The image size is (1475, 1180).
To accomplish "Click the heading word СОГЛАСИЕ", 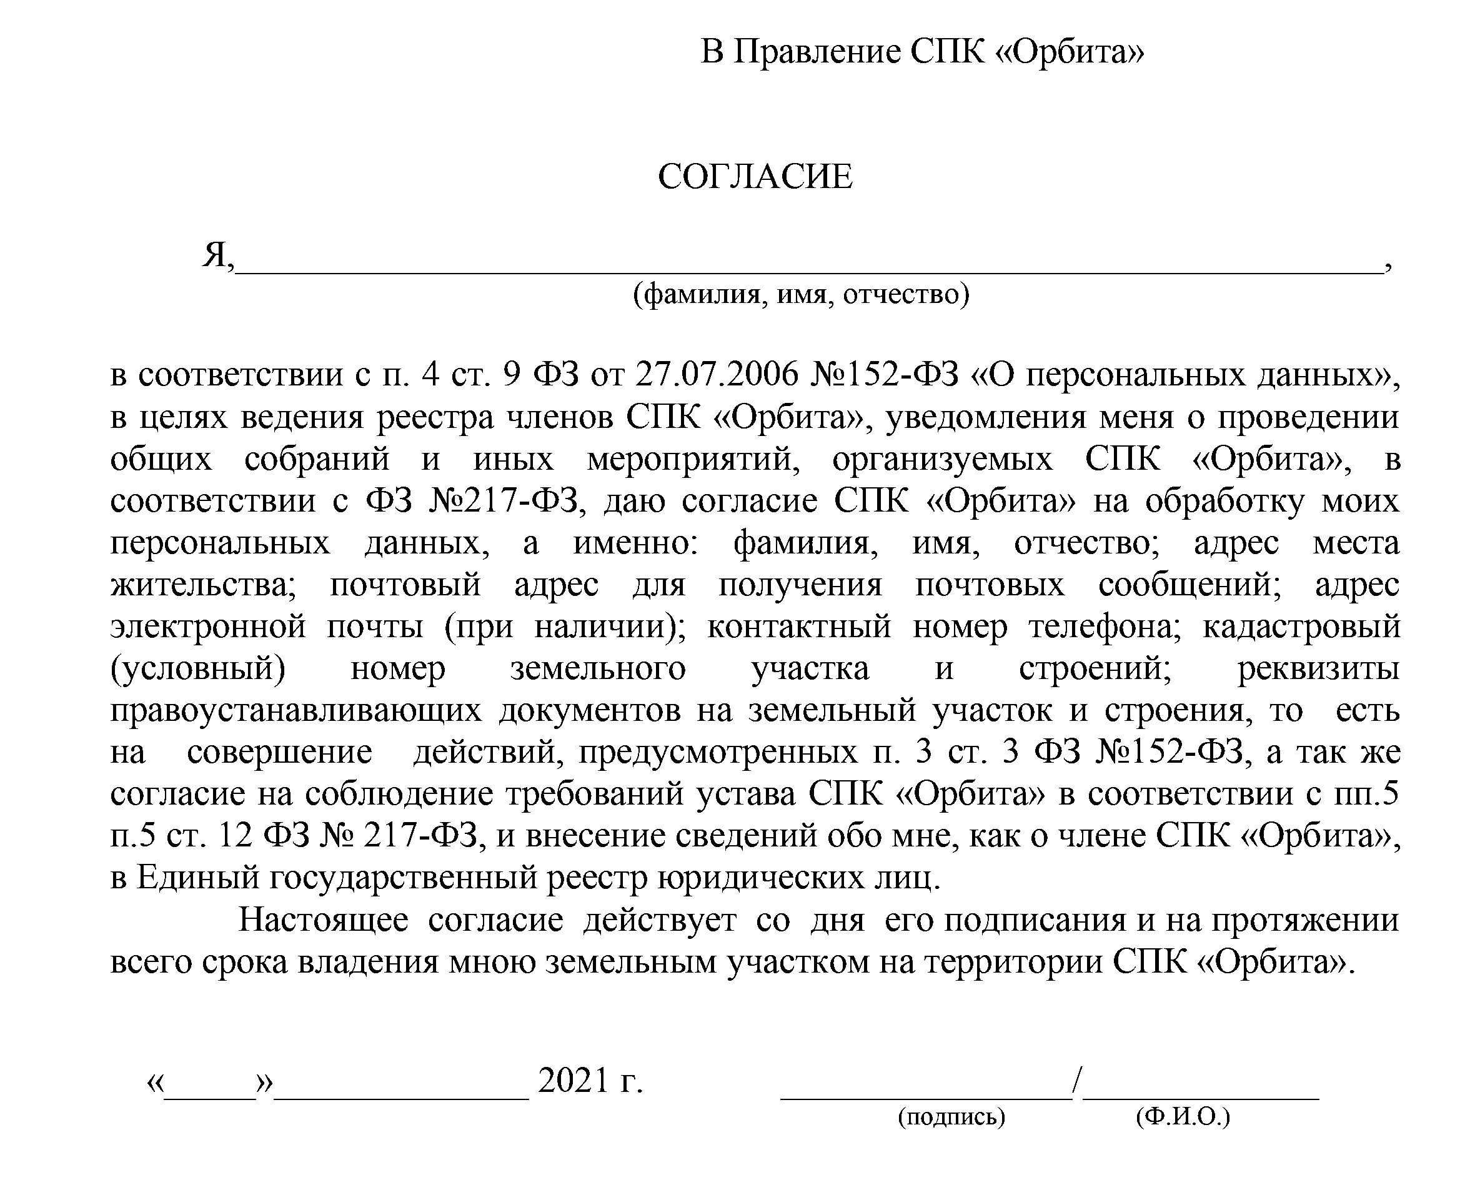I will coord(755,177).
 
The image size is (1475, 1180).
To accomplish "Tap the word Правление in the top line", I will coord(817,52).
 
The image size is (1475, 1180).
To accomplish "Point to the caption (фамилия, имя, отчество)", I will coord(801,294).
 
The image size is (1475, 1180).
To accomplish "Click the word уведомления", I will coord(986,417).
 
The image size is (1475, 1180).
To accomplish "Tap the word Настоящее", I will coord(323,921).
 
